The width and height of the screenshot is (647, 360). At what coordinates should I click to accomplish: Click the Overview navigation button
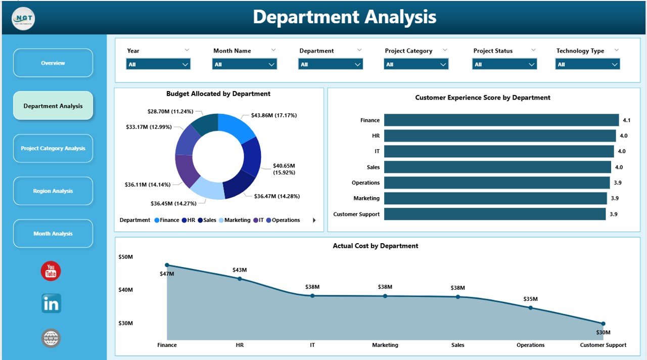(53, 63)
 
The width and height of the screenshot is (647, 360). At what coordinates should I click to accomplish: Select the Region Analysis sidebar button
(53, 191)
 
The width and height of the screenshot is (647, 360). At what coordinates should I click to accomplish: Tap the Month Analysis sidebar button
(53, 234)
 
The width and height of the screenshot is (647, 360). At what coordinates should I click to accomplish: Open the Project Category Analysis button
(53, 149)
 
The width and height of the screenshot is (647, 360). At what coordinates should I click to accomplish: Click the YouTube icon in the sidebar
(51, 272)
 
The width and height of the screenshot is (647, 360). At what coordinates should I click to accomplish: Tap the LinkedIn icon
(51, 303)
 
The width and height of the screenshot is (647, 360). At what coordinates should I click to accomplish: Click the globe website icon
(51, 338)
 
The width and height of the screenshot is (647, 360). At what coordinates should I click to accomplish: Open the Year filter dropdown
(158, 64)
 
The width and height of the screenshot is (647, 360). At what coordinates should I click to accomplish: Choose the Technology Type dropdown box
(587, 64)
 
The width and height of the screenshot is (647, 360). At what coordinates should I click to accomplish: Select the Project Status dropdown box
(504, 64)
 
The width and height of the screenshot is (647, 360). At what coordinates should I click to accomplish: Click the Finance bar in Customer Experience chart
(501, 120)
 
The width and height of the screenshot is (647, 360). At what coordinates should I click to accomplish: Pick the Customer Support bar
(494, 214)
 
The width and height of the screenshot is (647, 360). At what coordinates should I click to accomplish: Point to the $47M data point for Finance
(167, 265)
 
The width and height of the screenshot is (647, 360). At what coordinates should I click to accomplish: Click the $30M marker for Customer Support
(603, 324)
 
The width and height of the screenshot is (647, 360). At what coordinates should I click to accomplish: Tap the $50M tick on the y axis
(125, 257)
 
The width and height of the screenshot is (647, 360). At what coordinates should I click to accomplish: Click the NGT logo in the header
(23, 19)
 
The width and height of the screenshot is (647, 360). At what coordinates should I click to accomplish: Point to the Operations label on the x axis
(530, 345)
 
